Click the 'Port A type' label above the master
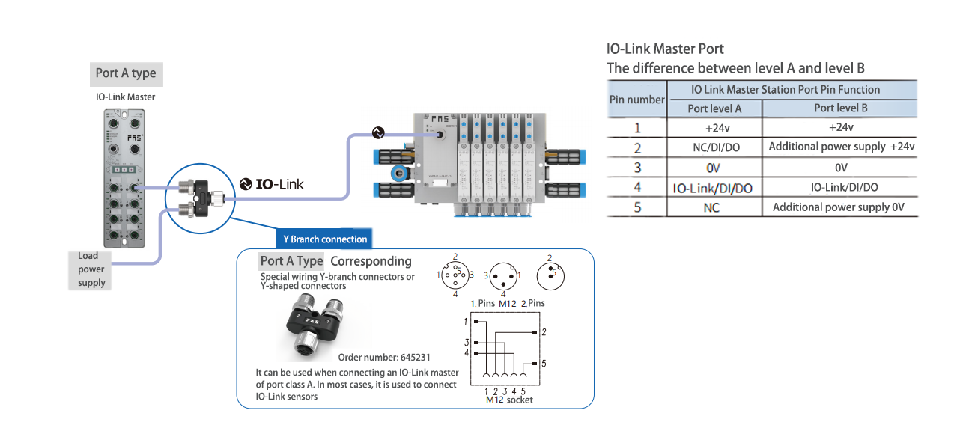pos(126,73)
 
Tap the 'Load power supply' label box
pos(91,269)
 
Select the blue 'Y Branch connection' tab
pos(325,239)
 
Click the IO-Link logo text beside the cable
pos(272,184)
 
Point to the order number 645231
pos(384,357)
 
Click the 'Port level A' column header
pos(714,108)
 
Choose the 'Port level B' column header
pos(841,108)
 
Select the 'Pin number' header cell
pos(636,99)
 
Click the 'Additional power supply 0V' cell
pos(841,207)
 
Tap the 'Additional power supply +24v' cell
pos(841,147)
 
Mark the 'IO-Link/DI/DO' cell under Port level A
pos(714,188)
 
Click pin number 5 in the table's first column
pos(637,207)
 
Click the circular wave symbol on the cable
pos(378,133)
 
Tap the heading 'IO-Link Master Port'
pos(665,49)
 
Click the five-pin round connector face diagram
pos(455,275)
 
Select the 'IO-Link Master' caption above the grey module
pos(126,97)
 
